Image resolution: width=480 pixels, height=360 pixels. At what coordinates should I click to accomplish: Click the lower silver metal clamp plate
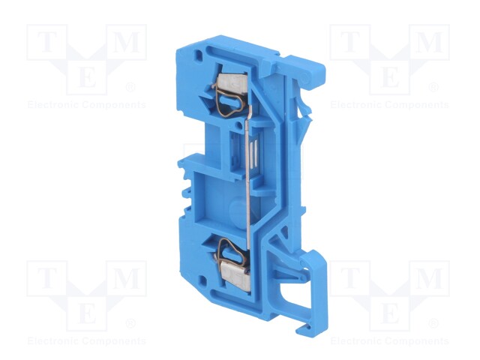(x=234, y=272)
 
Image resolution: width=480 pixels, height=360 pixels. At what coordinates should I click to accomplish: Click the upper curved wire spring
(x=229, y=100)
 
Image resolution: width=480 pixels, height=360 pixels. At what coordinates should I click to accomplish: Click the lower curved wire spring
(x=230, y=252)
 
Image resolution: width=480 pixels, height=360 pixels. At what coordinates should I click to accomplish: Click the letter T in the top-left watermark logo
(x=47, y=42)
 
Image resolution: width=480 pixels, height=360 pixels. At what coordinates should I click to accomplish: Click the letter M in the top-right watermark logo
(x=429, y=42)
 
